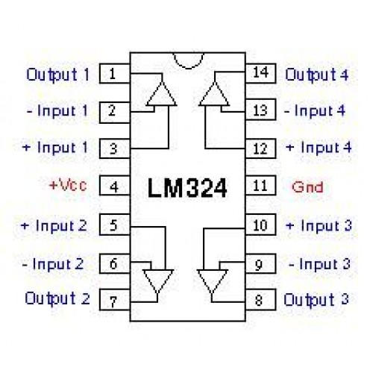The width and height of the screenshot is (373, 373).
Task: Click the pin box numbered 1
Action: click(115, 73)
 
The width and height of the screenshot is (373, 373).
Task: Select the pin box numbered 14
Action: click(260, 73)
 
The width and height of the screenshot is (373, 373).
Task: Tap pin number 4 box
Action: click(115, 186)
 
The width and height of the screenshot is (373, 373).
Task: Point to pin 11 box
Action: click(260, 185)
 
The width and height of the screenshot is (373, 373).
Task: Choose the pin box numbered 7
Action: click(115, 300)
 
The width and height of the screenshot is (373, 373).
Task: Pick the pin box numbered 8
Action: click(260, 300)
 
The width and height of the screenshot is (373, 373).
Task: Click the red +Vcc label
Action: click(68, 185)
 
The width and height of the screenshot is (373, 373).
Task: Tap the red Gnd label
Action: click(307, 187)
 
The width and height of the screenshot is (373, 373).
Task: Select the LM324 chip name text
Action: click(187, 188)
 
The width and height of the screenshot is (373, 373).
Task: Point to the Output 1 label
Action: click(58, 75)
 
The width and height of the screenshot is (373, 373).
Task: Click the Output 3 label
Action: click(316, 300)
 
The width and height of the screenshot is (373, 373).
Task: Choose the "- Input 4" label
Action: click(315, 110)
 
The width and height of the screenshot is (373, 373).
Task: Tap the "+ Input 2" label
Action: click(54, 226)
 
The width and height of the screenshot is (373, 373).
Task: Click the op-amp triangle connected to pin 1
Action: click(162, 94)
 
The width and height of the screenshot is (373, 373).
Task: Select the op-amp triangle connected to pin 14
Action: click(214, 94)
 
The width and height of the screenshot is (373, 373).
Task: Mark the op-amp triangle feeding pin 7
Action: click(158, 281)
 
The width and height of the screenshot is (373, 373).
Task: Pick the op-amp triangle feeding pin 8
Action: click(212, 281)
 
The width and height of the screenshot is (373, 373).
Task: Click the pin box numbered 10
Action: click(260, 225)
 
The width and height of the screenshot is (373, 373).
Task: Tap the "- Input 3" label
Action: click(319, 264)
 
